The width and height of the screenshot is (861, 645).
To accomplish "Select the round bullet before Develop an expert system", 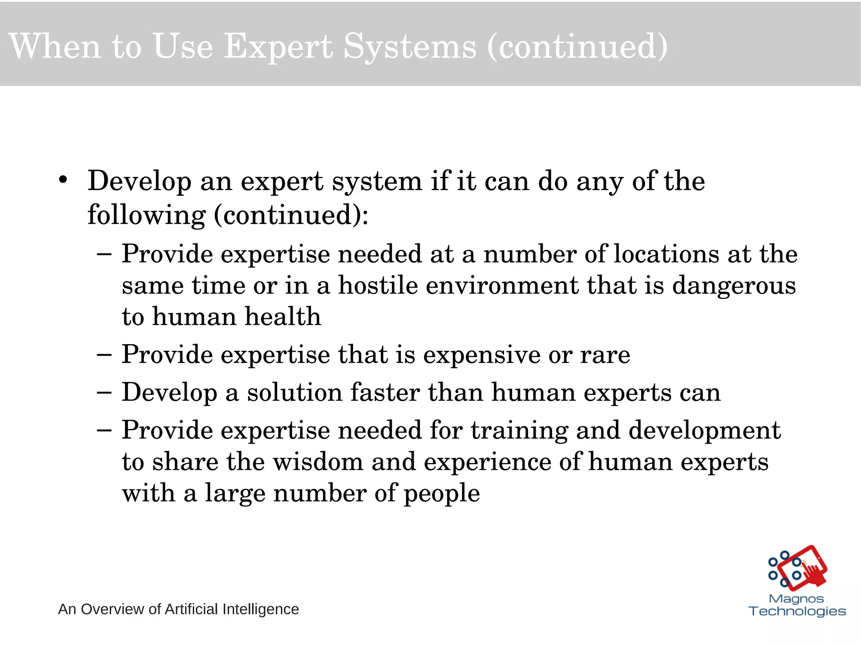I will coord(63,180).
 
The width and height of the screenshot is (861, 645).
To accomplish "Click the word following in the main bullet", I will coord(146,215).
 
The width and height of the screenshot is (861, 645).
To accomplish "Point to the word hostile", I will coord(378,285).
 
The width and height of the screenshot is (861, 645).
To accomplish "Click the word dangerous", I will coord(734,285).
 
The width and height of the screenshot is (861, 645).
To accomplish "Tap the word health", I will coord(283,316).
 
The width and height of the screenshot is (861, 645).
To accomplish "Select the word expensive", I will coord(481,355).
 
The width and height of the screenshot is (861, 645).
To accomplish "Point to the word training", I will coord(519,431).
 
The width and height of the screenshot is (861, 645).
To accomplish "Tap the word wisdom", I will coord(318,462).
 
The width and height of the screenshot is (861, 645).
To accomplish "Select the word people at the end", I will coord(441,493).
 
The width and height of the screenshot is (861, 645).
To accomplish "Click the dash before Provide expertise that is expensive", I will coord(104,355).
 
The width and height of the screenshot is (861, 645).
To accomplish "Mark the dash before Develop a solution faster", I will coord(104,392).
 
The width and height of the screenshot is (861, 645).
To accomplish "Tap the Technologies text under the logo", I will coord(797,611).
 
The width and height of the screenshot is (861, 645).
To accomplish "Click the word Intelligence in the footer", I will coord(260,609).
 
